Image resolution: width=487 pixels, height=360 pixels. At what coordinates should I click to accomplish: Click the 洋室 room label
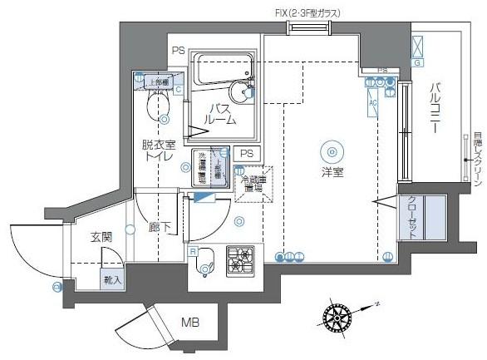pyautogui.click(x=333, y=171)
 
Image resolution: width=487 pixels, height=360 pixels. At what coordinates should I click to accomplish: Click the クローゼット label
pyautogui.click(x=413, y=219)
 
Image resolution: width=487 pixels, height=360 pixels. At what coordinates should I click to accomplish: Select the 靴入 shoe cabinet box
pyautogui.click(x=112, y=280)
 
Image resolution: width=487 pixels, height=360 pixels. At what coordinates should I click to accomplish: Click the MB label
pyautogui.click(x=189, y=321)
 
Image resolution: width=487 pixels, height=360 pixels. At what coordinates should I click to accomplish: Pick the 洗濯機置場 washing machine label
pyautogui.click(x=201, y=166)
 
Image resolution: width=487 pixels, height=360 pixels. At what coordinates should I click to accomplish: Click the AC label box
pyautogui.click(x=373, y=103)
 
